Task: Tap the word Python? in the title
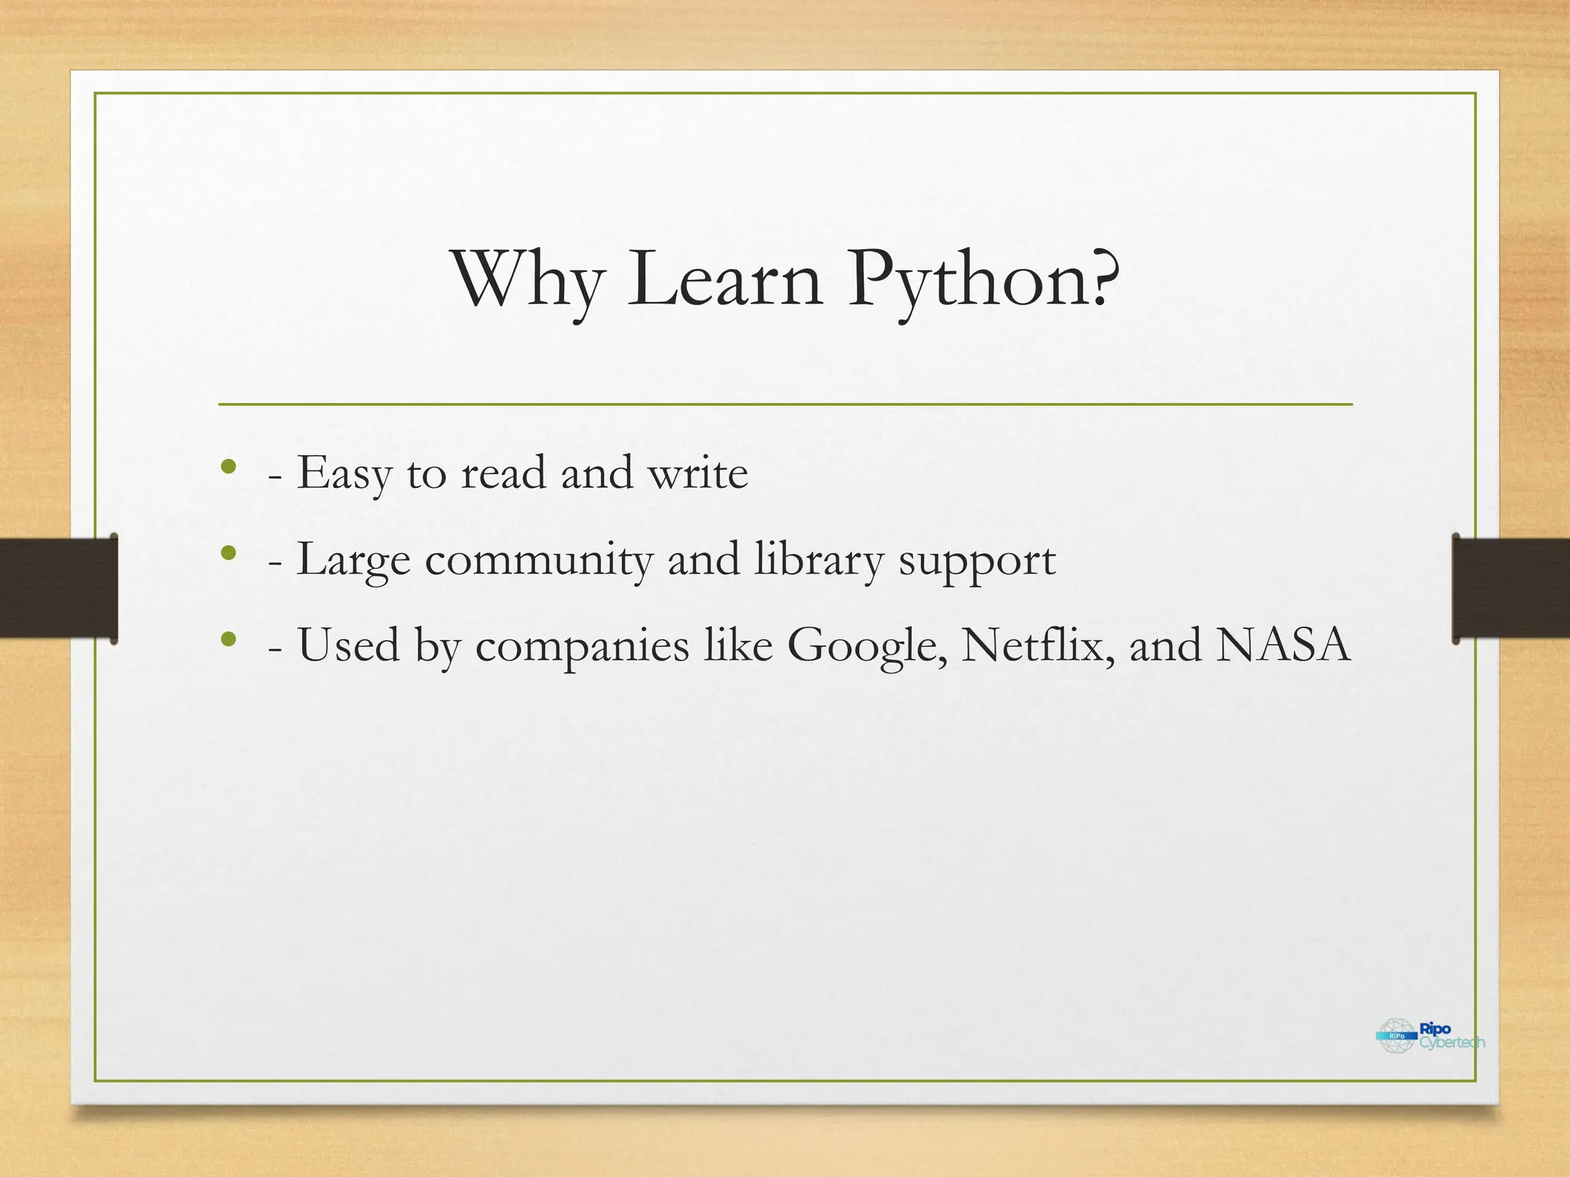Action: click(x=983, y=281)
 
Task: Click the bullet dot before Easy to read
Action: click(x=228, y=467)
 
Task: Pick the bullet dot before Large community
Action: click(x=228, y=552)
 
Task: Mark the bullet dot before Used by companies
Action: click(x=228, y=638)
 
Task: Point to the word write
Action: click(x=698, y=474)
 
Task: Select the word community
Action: click(x=538, y=560)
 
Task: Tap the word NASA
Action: click(x=1283, y=645)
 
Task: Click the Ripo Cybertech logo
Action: click(x=1430, y=1035)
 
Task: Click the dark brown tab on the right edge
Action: click(x=1511, y=588)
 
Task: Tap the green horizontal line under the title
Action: click(x=785, y=404)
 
